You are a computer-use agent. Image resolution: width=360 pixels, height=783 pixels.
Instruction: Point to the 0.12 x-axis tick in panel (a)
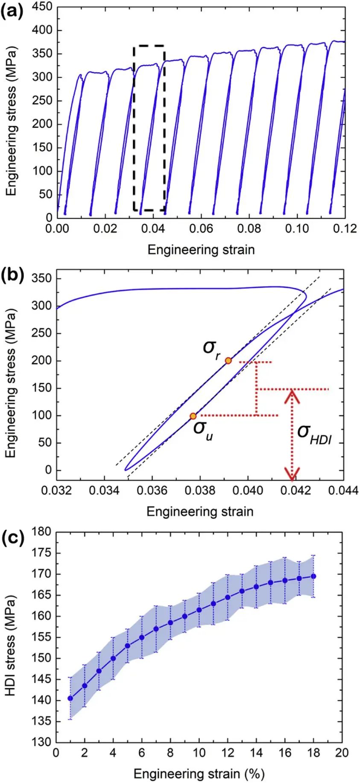(x=345, y=229)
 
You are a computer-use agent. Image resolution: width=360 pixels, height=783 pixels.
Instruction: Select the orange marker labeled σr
(x=228, y=361)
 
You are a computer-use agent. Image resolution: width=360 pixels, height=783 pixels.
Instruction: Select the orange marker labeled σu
(x=193, y=416)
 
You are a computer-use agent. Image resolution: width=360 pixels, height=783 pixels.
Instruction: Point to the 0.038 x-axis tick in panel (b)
(x=201, y=491)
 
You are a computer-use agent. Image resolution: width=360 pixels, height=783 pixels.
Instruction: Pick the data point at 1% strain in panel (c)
(x=70, y=698)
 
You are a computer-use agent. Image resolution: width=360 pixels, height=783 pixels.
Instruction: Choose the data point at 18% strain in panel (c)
(x=313, y=576)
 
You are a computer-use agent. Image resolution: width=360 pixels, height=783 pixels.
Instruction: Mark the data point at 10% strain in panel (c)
(x=199, y=610)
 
